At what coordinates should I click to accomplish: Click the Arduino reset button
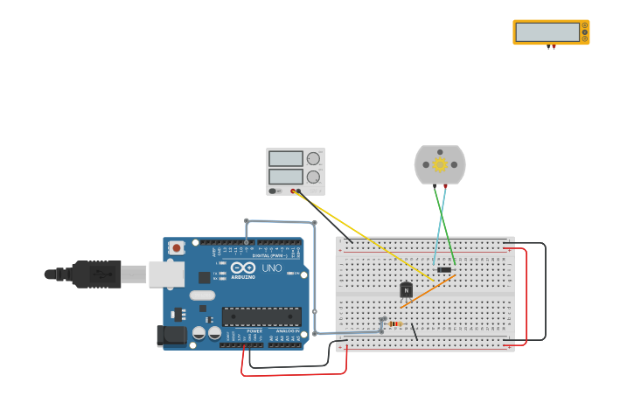click(x=177, y=247)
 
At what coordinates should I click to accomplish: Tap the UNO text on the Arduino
click(x=272, y=268)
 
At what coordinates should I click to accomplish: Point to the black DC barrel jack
click(x=171, y=335)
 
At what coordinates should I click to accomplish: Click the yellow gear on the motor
click(x=440, y=164)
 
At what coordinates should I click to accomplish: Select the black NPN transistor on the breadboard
click(x=406, y=290)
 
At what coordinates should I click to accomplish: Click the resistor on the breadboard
click(x=394, y=323)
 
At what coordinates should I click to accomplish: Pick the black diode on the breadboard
click(x=444, y=269)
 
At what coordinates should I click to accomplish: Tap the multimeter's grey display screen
click(x=547, y=32)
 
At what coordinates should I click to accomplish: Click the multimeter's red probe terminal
click(x=554, y=47)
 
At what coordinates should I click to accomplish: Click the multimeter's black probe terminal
click(x=548, y=47)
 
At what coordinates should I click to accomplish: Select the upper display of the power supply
click(x=285, y=159)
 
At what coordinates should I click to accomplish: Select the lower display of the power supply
click(x=285, y=177)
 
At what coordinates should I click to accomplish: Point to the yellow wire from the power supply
click(x=367, y=236)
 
